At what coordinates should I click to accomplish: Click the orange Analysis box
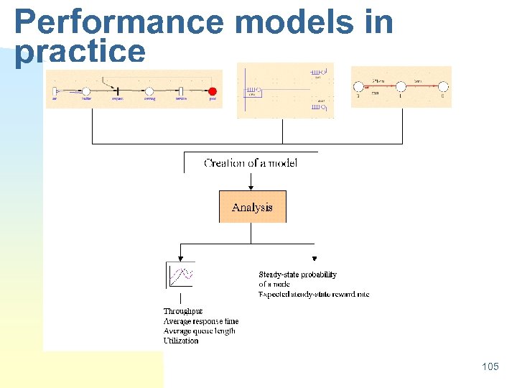(252, 207)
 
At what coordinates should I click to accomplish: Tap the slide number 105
(490, 367)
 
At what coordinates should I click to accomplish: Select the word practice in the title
(80, 51)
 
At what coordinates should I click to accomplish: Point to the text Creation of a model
(251, 163)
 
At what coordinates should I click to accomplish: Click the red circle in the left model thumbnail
(212, 91)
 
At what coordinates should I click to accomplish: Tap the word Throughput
(182, 312)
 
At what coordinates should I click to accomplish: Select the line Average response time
(201, 321)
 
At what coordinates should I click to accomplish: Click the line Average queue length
(199, 331)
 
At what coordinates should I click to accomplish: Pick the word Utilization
(181, 341)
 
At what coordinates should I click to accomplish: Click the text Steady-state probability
(297, 274)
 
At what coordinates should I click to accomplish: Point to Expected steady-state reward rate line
(314, 294)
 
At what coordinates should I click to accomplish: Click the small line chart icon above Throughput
(181, 274)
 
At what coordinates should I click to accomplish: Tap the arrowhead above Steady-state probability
(315, 259)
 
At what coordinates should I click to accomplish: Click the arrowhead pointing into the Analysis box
(251, 187)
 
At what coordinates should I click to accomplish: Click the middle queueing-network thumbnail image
(286, 91)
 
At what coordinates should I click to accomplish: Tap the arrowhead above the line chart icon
(180, 259)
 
